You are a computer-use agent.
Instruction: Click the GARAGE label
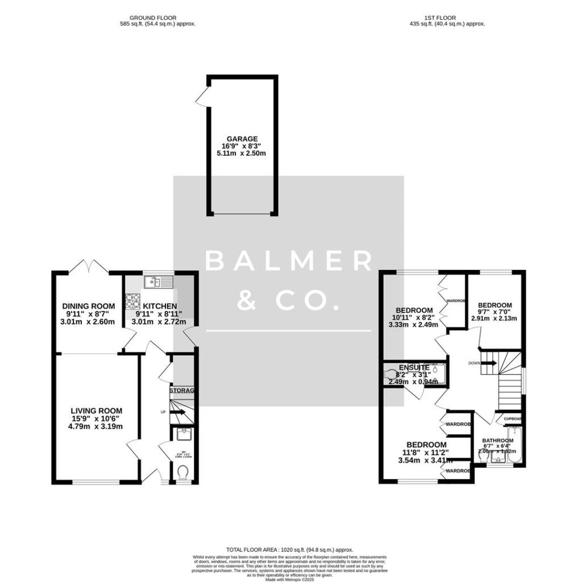[242, 139]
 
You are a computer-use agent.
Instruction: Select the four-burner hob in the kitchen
[132, 300]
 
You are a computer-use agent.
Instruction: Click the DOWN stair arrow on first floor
[488, 363]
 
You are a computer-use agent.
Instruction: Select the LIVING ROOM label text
[97, 410]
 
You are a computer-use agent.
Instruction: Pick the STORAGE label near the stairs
[182, 390]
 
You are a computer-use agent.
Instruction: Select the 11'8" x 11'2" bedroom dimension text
[426, 453]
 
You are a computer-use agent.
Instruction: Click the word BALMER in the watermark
[289, 261]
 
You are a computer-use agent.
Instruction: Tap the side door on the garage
[201, 97]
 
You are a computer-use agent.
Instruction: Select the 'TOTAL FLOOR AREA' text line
[289, 550]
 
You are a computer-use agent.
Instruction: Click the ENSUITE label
[414, 367]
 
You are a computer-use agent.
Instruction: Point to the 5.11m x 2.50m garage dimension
[242, 153]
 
